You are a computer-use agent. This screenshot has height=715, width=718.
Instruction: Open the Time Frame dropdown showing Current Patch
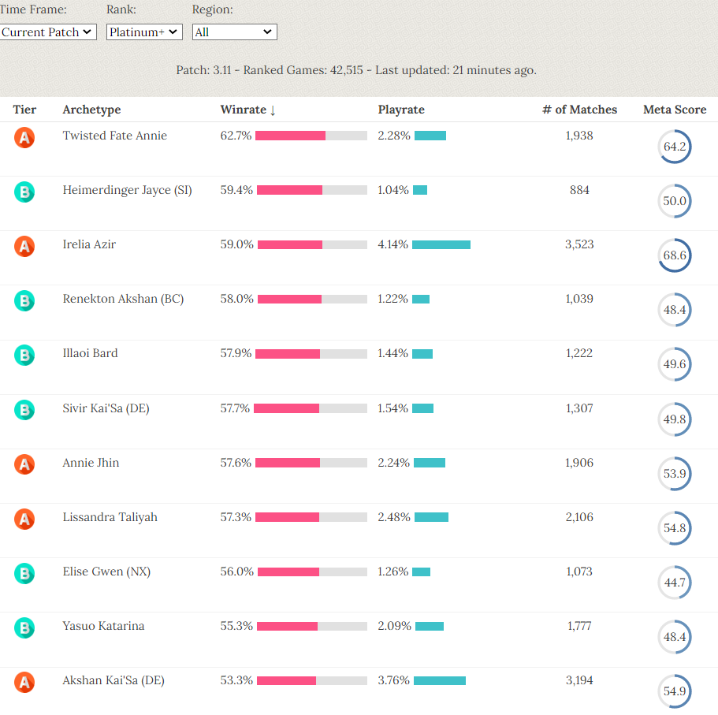coord(48,32)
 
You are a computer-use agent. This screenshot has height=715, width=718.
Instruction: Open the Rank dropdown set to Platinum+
coord(144,32)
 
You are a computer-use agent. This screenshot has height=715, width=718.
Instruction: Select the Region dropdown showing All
coord(234,32)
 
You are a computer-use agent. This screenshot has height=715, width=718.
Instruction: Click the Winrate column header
coord(247,110)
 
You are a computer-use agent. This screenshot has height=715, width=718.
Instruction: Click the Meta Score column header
coord(674,110)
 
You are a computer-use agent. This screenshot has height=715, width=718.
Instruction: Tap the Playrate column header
coord(401,110)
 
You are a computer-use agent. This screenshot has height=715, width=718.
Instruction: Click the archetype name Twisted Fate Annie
coord(115,136)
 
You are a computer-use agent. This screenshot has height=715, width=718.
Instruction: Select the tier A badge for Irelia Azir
coord(24,246)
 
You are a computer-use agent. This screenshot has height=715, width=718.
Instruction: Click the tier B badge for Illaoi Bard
coord(24,355)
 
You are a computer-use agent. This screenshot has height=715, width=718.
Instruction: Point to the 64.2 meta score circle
coord(675,147)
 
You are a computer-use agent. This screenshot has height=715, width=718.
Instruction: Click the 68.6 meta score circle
coord(675,255)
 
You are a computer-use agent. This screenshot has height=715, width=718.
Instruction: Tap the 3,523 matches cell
coord(579,244)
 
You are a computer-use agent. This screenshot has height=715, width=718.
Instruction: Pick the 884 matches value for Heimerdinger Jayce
coord(579,190)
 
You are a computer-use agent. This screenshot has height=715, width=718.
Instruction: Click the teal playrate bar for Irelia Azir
coord(441,244)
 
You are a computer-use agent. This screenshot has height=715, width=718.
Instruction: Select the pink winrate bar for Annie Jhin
coord(288,463)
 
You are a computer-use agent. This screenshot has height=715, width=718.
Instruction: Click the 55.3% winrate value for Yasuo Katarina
coord(236,626)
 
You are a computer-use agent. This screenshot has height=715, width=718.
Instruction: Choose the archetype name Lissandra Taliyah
coord(110,517)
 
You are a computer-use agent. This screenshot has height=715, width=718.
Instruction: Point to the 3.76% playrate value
coord(393,680)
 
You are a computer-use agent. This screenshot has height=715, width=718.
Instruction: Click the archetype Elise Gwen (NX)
coord(106,572)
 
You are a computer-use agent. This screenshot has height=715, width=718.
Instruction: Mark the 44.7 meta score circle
coord(675,583)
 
